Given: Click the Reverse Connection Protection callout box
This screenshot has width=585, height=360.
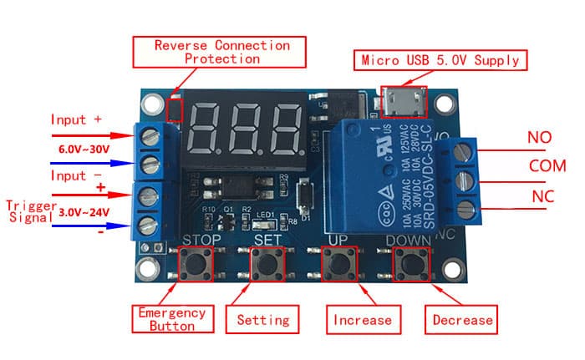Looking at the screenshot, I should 222,52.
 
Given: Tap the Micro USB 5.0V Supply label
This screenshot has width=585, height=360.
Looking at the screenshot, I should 441,60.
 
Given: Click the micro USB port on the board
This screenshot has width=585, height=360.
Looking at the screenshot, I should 404,102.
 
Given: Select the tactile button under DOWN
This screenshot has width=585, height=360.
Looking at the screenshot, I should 410,265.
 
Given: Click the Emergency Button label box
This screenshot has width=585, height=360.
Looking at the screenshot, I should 171,319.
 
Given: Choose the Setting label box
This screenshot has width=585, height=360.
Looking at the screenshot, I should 262,319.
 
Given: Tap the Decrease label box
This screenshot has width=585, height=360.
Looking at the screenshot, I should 462,319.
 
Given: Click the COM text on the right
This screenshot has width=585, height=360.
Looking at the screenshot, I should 547,165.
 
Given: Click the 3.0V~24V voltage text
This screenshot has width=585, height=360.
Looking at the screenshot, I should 84,213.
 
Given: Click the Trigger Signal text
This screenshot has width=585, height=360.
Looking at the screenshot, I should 31,211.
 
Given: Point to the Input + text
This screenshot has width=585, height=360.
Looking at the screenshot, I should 76,119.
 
